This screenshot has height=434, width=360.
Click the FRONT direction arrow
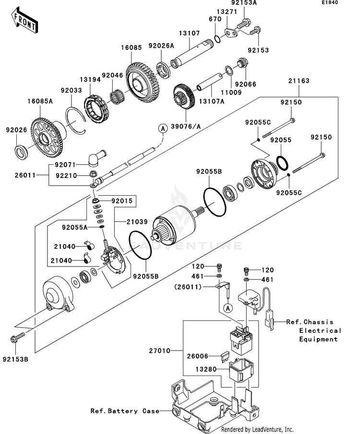[24, 20]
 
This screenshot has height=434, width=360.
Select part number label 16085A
[40, 101]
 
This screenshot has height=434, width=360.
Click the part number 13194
[90, 80]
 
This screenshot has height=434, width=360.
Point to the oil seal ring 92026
[21, 152]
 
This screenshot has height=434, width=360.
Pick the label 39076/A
[186, 127]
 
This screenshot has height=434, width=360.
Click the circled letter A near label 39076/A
[163, 129]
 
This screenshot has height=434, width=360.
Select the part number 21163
[299, 81]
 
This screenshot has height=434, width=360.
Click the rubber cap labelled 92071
[96, 158]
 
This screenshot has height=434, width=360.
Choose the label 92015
[122, 201]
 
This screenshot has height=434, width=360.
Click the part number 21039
[137, 222]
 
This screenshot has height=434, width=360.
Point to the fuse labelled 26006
[224, 357]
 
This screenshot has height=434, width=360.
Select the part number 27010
[160, 351]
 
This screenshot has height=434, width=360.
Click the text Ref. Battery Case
[125, 411]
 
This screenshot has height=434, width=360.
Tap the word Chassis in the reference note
[318, 322]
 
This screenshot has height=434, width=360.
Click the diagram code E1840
[330, 2]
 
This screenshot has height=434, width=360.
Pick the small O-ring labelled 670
[217, 39]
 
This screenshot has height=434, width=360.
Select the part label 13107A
[212, 101]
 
